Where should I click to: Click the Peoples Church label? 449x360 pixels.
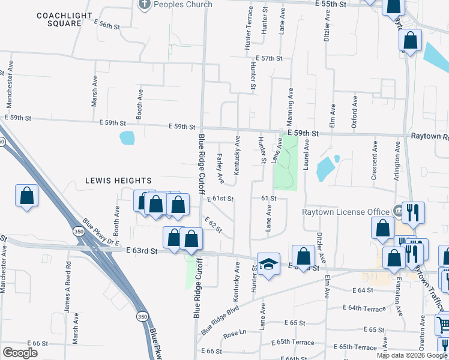(183, 4)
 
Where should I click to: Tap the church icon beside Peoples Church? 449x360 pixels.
(144, 5)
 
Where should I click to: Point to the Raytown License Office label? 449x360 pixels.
(345, 211)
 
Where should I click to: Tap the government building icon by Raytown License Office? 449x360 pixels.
(397, 211)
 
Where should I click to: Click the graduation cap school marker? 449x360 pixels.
(268, 263)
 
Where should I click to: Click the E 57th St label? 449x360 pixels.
(268, 58)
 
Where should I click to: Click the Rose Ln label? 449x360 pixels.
(235, 332)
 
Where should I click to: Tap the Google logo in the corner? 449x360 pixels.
(20, 352)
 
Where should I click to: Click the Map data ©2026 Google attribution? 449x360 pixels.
(412, 355)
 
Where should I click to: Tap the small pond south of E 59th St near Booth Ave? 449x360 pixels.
(127, 138)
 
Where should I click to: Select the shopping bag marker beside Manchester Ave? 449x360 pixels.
(27, 196)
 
